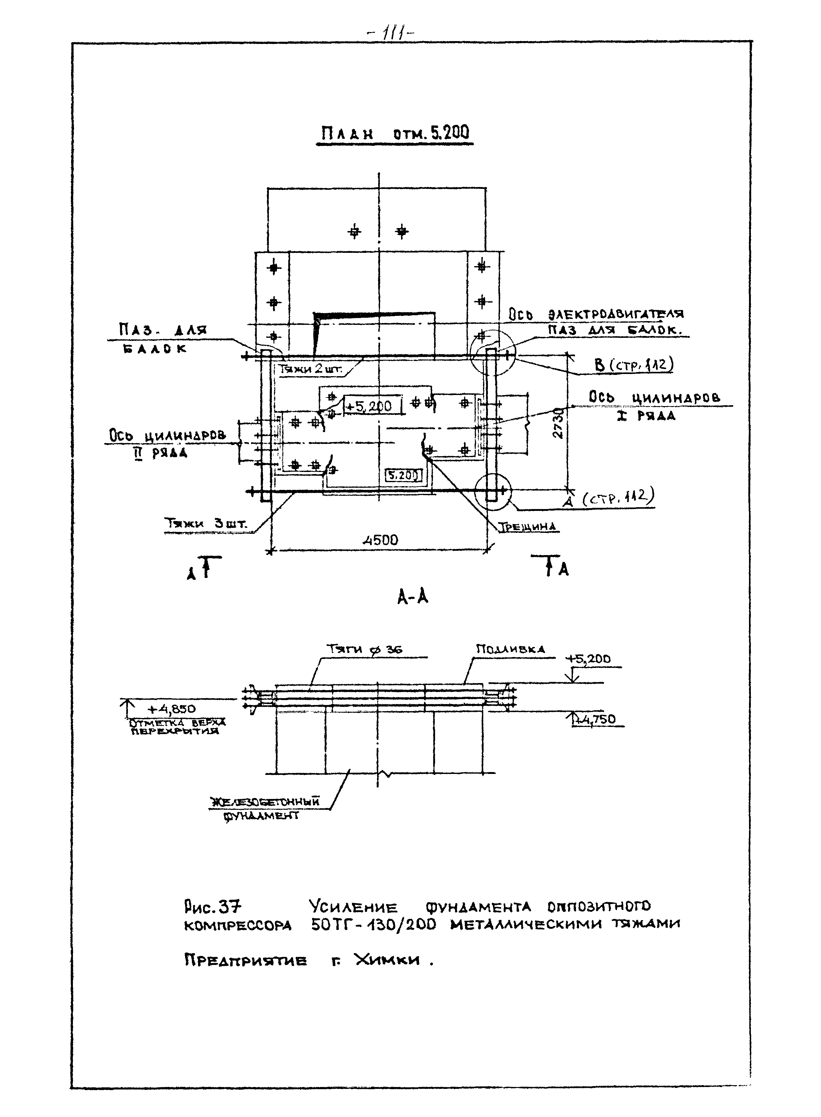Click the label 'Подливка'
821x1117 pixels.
pyautogui.click(x=510, y=649)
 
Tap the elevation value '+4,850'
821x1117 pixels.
pyautogui.click(x=172, y=708)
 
